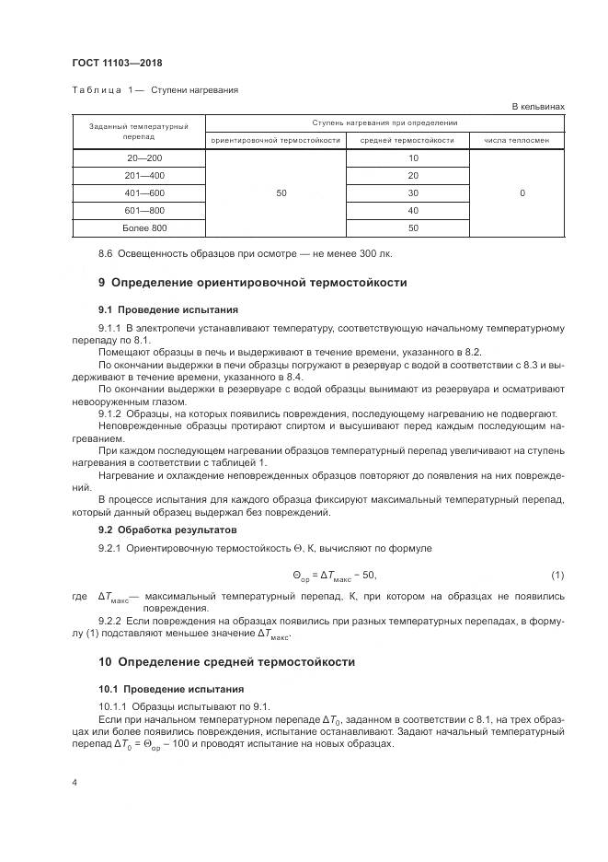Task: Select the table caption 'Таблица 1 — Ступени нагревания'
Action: click(x=155, y=90)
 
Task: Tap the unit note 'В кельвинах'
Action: click(x=537, y=107)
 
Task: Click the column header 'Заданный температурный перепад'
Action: click(x=138, y=131)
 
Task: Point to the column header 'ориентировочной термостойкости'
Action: click(x=275, y=140)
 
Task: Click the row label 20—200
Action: click(x=138, y=158)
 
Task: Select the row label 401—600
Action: click(x=138, y=192)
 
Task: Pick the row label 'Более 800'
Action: click(x=138, y=227)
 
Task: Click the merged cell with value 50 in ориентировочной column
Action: click(x=281, y=192)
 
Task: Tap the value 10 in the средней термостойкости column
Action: click(x=412, y=158)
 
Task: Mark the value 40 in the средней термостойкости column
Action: click(x=412, y=210)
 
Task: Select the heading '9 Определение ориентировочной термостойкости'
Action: click(x=252, y=283)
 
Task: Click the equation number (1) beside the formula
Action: click(x=556, y=576)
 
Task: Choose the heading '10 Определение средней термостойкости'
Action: click(x=225, y=662)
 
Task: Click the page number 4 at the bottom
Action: click(x=75, y=783)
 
